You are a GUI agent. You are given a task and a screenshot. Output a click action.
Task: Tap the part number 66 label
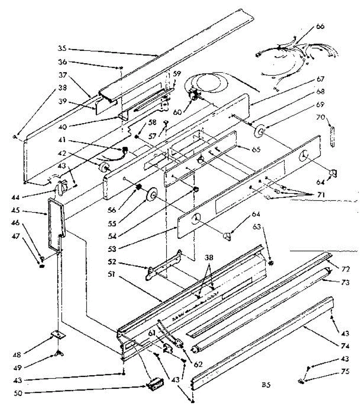tap(320, 27)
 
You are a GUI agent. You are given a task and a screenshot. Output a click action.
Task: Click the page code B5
tap(266, 386)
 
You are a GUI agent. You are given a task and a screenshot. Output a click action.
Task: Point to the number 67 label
tap(320, 79)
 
